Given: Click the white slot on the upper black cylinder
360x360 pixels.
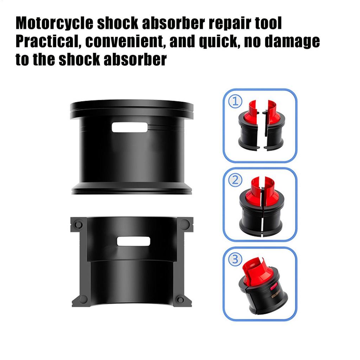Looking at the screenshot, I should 130,127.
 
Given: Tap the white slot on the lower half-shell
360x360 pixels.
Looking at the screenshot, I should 134,241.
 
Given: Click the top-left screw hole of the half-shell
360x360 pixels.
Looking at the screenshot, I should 79,224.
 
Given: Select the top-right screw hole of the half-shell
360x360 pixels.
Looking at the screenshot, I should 185,224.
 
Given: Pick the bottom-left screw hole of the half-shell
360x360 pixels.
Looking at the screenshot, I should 83,299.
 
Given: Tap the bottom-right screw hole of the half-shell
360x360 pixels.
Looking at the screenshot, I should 180,299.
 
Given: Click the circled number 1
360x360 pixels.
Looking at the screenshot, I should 235,102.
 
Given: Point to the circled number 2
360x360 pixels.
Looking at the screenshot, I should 235,181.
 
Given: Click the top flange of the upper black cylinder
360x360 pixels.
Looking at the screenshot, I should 132,106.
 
